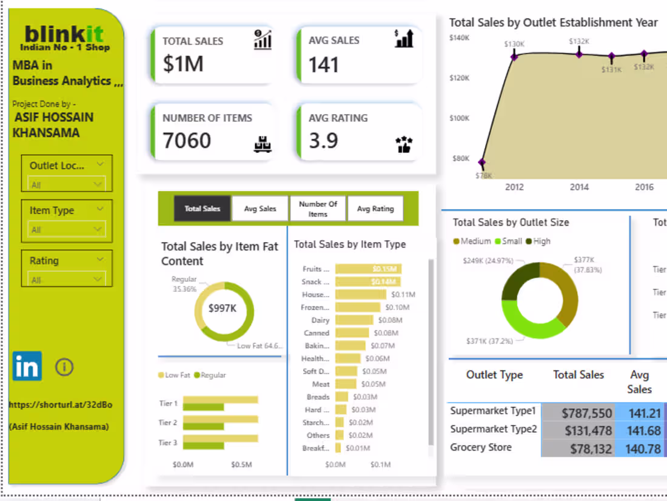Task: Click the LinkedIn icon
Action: (27, 366)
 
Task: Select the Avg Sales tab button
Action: (260, 209)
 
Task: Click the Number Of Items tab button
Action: (318, 209)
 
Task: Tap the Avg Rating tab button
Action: (375, 209)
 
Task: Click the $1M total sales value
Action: (183, 64)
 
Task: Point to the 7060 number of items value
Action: (187, 141)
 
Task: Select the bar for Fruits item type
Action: (368, 269)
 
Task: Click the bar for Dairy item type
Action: (354, 320)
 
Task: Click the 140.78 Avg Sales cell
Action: (640, 449)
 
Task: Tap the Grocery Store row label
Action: (481, 448)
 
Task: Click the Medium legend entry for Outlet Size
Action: (471, 241)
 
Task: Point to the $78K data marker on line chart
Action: (482, 163)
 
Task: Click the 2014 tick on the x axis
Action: (579, 187)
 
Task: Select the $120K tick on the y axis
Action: (459, 78)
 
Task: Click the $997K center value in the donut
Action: (223, 309)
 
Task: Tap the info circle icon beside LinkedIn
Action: (64, 366)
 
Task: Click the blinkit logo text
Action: (64, 33)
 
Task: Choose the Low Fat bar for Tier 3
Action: (220, 438)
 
